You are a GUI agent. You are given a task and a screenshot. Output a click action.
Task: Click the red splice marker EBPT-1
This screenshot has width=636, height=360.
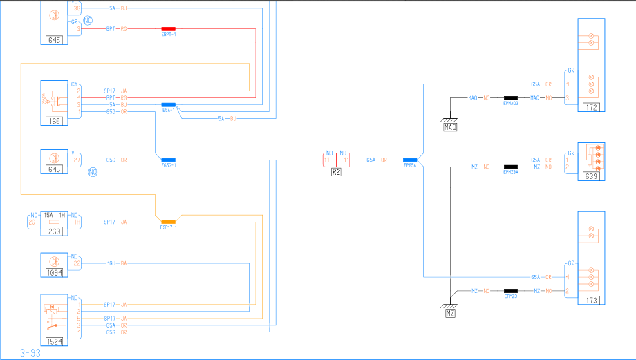pyautogui.click(x=168, y=29)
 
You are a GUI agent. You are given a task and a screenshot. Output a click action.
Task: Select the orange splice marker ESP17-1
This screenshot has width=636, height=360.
pyautogui.click(x=168, y=222)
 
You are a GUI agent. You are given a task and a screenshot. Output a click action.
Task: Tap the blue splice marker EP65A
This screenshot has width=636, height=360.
pyautogui.click(x=410, y=160)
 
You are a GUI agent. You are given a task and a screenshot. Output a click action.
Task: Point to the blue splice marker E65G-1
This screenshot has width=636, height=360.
pyautogui.click(x=168, y=160)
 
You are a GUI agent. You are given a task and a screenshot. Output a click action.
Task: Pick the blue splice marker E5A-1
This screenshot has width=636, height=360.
pyautogui.click(x=168, y=104)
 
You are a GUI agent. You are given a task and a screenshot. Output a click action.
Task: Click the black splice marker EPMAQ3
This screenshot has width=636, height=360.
pyautogui.click(x=511, y=98)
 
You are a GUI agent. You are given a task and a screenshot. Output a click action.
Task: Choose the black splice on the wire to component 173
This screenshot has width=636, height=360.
pyautogui.click(x=511, y=291)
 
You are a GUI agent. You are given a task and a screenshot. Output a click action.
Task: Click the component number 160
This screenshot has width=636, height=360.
pyautogui.click(x=55, y=122)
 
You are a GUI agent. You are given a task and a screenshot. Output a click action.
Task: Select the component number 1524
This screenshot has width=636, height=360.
pyautogui.click(x=55, y=341)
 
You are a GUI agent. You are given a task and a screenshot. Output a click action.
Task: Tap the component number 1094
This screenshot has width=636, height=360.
pyautogui.click(x=55, y=273)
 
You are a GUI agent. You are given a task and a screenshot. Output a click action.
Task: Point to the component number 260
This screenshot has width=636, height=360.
pyautogui.click(x=55, y=231)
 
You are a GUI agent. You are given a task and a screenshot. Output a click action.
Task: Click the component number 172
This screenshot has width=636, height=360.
pyautogui.click(x=590, y=107)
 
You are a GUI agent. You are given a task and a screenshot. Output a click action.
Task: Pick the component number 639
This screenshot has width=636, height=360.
pyautogui.click(x=590, y=176)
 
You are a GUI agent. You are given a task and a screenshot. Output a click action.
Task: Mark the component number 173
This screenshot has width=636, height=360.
pyautogui.click(x=590, y=300)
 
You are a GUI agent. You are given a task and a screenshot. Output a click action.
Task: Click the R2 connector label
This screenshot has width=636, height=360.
pyautogui.click(x=336, y=173)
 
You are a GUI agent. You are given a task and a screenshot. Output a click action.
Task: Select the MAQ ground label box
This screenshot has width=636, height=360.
pyautogui.click(x=450, y=126)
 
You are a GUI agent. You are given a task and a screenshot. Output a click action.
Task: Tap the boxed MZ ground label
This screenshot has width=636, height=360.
pyautogui.click(x=450, y=313)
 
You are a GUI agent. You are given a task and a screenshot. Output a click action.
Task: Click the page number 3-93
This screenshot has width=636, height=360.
pyautogui.click(x=30, y=353)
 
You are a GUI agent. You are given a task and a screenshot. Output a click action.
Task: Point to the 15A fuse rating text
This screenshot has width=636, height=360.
pyautogui.click(x=48, y=215)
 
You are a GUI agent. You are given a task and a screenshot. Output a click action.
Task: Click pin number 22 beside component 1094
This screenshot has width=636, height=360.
pyautogui.click(x=77, y=263)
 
